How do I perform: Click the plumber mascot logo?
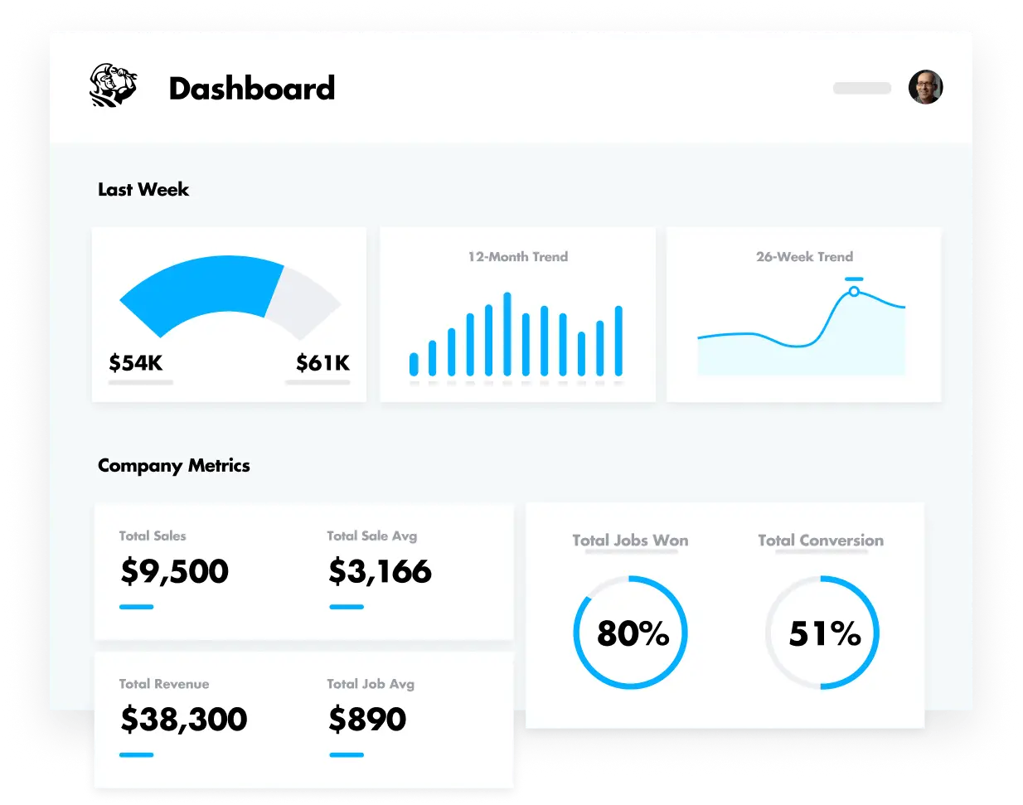pyautogui.click(x=113, y=85)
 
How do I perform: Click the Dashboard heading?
pyautogui.click(x=252, y=89)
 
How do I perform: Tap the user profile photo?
pyautogui.click(x=925, y=87)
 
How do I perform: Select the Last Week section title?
pyautogui.click(x=143, y=190)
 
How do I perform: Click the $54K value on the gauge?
pyautogui.click(x=136, y=363)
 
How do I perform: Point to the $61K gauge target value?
pyautogui.click(x=322, y=363)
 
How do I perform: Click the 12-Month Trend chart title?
pyautogui.click(x=518, y=257)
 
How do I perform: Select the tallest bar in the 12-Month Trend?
pyautogui.click(x=507, y=334)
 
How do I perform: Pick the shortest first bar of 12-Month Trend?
pyautogui.click(x=414, y=364)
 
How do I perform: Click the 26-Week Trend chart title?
pyautogui.click(x=804, y=257)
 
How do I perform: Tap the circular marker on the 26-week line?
pyautogui.click(x=854, y=292)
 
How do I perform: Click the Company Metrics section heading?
pyautogui.click(x=174, y=466)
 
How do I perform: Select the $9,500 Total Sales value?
pyautogui.click(x=175, y=571)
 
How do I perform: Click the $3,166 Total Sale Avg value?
pyautogui.click(x=380, y=571)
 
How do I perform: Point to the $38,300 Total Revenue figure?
pyautogui.click(x=184, y=719)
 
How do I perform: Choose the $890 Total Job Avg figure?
pyautogui.click(x=367, y=719)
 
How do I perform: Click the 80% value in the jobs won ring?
pyautogui.click(x=633, y=634)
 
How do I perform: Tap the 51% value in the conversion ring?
pyautogui.click(x=824, y=634)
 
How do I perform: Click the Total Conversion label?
pyautogui.click(x=821, y=541)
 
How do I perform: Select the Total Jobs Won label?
pyautogui.click(x=630, y=541)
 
